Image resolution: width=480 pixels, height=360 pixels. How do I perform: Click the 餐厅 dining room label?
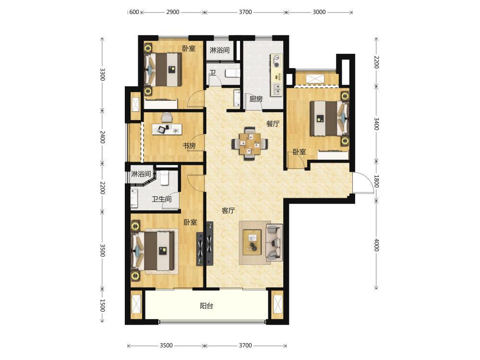(x=273, y=124)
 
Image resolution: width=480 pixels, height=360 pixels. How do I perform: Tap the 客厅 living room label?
(x=228, y=211)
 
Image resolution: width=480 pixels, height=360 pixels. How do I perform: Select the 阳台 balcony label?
(x=206, y=306)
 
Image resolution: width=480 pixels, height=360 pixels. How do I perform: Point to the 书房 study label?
(x=189, y=146)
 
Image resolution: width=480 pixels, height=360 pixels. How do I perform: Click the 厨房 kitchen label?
(x=256, y=99)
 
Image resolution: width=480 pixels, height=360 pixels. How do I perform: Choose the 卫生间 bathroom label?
(x=162, y=199)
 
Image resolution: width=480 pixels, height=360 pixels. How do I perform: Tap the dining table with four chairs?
(x=250, y=143)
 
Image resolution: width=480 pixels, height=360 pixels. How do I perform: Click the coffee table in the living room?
(x=252, y=242)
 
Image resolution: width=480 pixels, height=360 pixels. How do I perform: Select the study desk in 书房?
(x=167, y=129)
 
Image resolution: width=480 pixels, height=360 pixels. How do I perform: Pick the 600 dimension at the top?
(x=134, y=12)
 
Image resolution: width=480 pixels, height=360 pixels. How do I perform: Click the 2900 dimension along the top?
(x=173, y=12)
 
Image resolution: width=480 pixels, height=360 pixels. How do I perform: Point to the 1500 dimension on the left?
(x=103, y=305)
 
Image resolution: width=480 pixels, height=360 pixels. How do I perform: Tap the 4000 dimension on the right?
(x=377, y=245)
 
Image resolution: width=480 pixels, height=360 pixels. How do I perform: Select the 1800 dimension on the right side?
(x=377, y=181)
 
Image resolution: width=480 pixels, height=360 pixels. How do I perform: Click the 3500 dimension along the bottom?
(x=166, y=346)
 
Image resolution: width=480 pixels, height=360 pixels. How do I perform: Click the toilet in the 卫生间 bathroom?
(x=164, y=178)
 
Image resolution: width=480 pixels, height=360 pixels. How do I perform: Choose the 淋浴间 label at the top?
(x=219, y=50)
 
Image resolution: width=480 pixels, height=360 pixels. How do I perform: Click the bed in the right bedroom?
(x=329, y=118)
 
